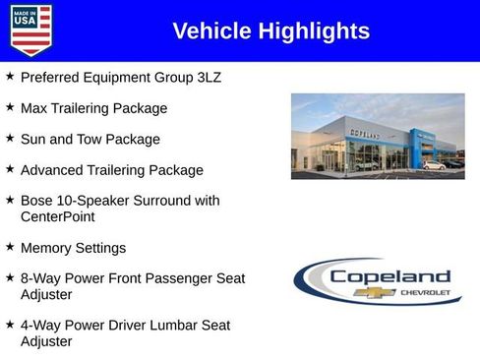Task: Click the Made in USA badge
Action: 30,30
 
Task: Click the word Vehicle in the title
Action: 212,31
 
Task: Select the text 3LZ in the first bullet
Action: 207,77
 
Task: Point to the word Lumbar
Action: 173,325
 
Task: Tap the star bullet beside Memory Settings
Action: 10,247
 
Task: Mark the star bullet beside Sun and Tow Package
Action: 10,138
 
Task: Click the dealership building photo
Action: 378,136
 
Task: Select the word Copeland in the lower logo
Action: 390,276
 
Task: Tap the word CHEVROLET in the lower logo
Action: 425,292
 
